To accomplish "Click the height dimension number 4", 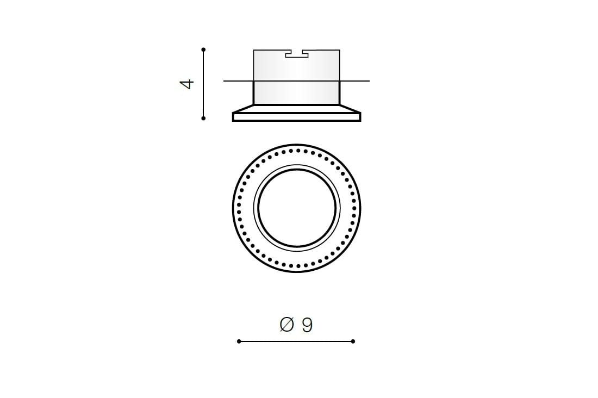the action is point(187,84).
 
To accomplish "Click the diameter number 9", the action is point(307,325).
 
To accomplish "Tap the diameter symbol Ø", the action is point(287,325).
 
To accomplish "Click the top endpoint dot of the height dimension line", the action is point(204,49).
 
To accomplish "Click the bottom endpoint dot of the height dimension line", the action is point(203,119).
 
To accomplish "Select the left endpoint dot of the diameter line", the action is point(239,341).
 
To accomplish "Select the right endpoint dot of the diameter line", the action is point(353,341).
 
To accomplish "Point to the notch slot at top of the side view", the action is point(297,54).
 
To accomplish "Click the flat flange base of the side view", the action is point(297,117).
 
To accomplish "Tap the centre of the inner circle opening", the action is point(297,208).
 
